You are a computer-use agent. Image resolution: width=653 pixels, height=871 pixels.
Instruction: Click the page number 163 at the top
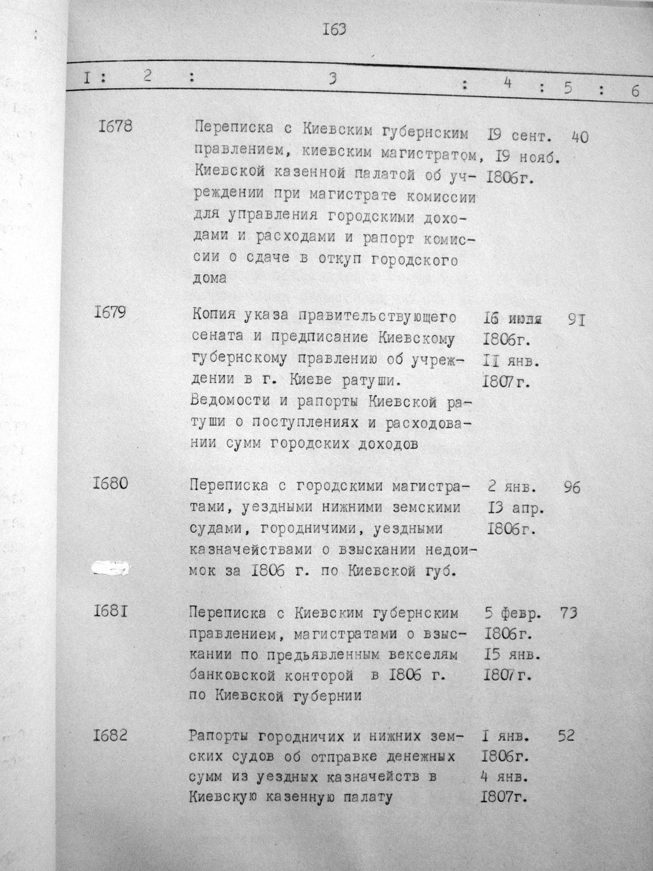click(334, 29)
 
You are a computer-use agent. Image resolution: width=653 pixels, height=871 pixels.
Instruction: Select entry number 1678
click(115, 126)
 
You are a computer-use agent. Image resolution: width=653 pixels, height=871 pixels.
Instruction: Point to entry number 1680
click(110, 483)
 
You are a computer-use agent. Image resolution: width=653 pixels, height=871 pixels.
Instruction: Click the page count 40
click(580, 137)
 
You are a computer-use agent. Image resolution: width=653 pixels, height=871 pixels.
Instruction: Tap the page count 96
click(572, 488)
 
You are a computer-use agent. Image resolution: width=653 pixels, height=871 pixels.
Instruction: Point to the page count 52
click(566, 736)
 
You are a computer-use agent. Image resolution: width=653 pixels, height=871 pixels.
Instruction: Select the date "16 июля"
click(512, 318)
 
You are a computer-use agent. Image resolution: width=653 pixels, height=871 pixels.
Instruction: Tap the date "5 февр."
click(514, 614)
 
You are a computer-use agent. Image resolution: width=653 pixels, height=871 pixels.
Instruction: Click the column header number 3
click(332, 79)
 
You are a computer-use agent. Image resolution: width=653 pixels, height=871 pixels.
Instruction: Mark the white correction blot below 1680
click(110, 567)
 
